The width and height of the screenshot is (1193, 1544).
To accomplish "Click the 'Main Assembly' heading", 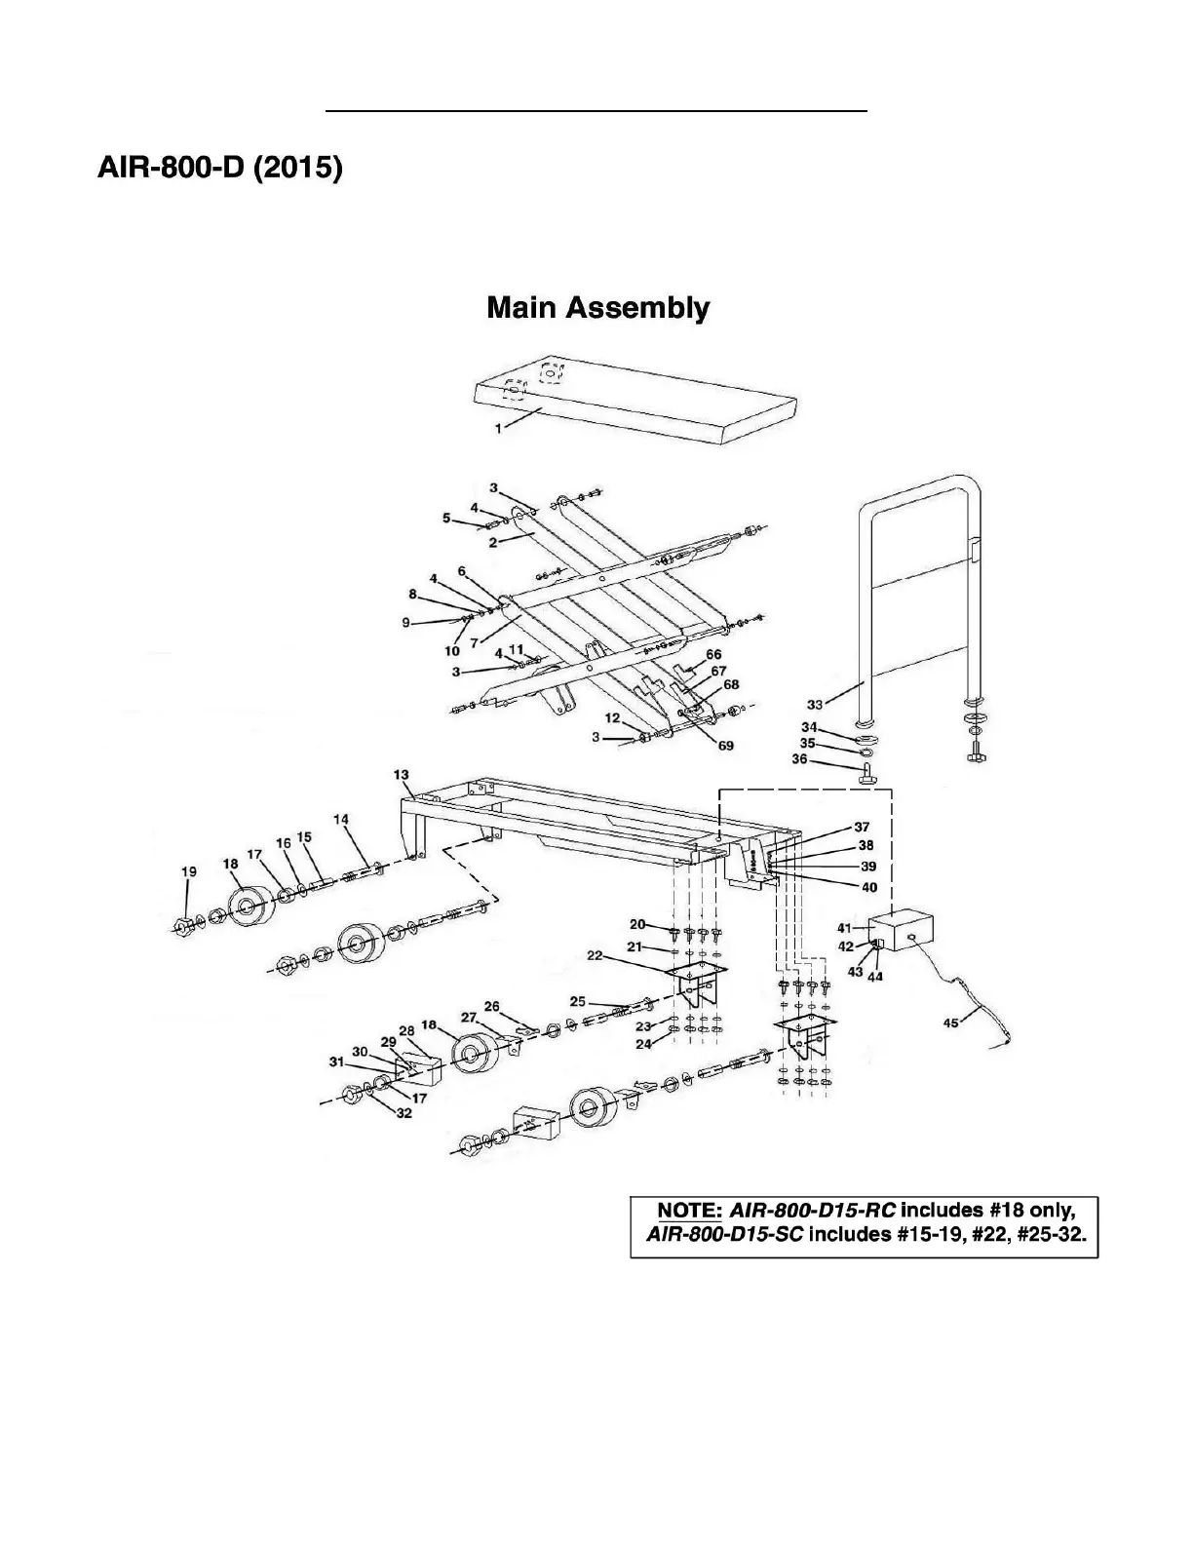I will tap(597, 308).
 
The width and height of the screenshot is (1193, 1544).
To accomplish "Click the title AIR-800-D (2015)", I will tap(220, 168).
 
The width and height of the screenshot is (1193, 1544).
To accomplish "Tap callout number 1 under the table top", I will tap(498, 428).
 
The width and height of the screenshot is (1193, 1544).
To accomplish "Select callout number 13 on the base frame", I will tap(402, 775).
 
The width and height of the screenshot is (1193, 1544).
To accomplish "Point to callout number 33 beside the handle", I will tap(815, 704).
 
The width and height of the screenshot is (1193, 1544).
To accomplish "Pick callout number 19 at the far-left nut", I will tap(189, 871).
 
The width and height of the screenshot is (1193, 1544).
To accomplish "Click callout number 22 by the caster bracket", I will tap(595, 956).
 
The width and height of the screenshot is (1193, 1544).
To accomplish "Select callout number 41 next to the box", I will tap(844, 928).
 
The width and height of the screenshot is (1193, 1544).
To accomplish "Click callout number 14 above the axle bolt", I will tap(341, 820).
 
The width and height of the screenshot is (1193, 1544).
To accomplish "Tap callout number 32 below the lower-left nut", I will tap(404, 1113).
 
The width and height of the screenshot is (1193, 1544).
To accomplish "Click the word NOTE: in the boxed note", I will tap(689, 1211).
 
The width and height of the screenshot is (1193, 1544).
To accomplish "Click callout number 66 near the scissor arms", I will tap(714, 654).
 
